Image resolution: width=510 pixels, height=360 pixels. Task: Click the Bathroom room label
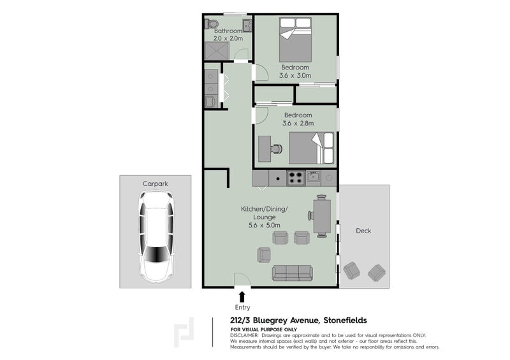(228, 31)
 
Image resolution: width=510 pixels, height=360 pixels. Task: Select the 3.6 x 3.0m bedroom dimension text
(295, 76)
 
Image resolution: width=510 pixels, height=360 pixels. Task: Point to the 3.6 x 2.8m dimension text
(299, 124)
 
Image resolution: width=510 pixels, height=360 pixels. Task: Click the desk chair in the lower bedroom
(277, 148)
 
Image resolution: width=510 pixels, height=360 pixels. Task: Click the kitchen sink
(314, 177)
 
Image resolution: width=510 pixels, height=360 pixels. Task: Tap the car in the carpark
(154, 238)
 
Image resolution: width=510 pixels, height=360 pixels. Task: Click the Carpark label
(154, 184)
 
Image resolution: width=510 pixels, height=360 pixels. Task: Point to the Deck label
(363, 231)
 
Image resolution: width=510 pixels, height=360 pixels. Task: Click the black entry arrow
(242, 295)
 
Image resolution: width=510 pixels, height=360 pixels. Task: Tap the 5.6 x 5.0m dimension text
(264, 224)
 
